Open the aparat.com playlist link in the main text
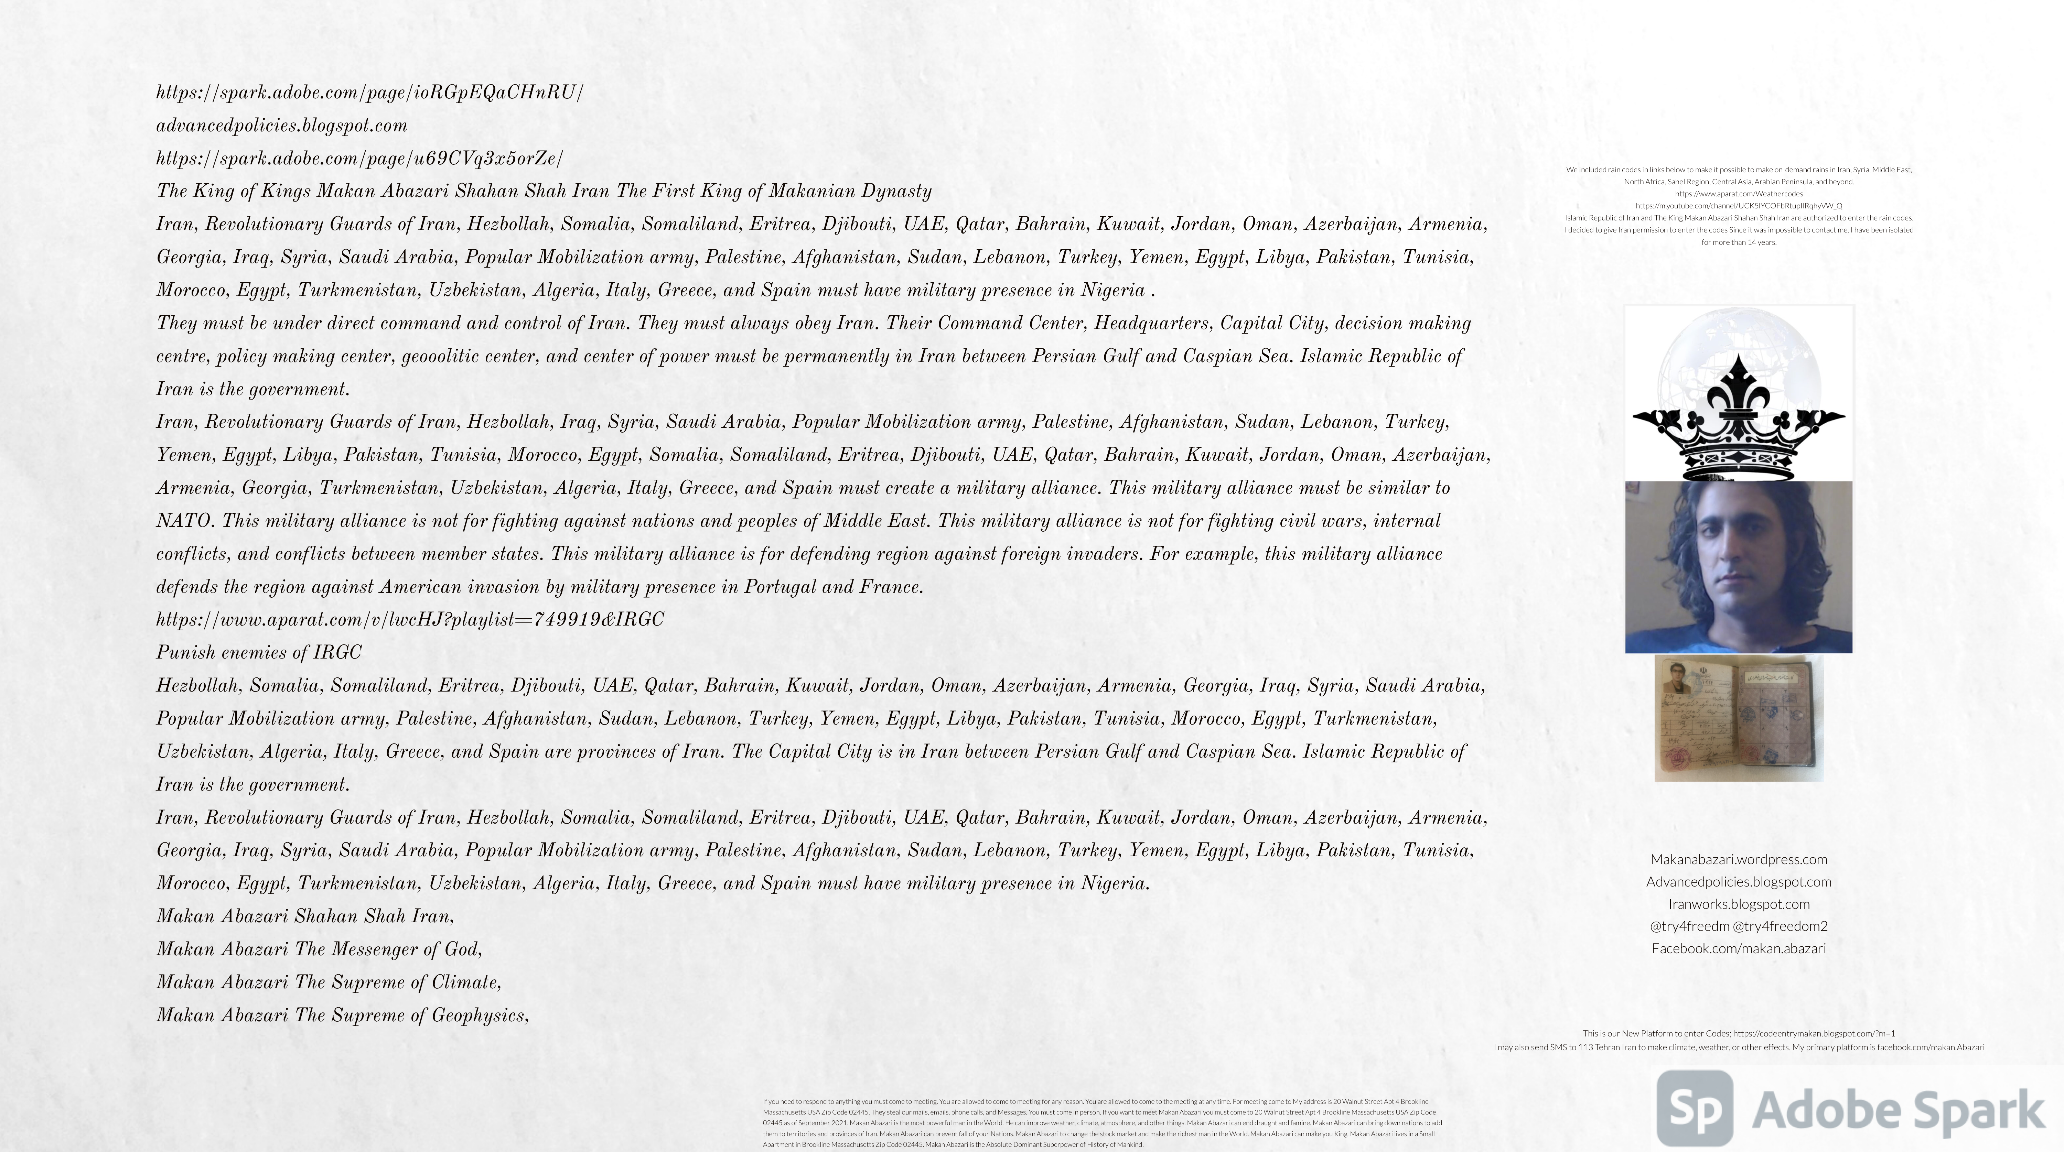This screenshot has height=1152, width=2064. click(x=409, y=619)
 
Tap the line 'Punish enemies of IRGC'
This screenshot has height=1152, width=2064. click(x=259, y=652)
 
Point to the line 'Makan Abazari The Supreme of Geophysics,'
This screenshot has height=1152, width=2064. click(x=342, y=1015)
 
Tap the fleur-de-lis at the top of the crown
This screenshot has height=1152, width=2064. click(x=1739, y=384)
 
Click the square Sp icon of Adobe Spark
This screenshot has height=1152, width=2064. click(x=1695, y=1109)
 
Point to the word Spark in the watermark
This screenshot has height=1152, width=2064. click(x=1979, y=1110)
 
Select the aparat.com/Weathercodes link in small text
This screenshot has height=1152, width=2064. click(x=1739, y=194)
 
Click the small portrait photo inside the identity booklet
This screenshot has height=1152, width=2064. click(x=1676, y=677)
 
